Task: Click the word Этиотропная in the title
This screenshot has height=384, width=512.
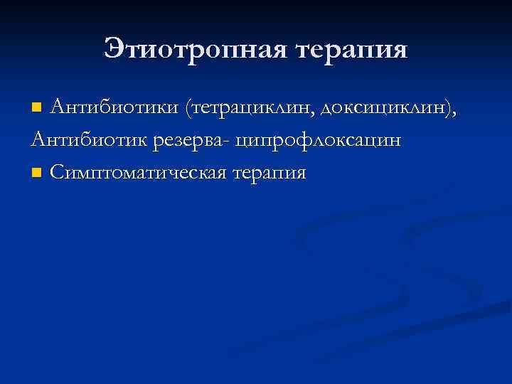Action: (193, 49)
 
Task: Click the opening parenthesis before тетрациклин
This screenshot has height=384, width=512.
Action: (187, 108)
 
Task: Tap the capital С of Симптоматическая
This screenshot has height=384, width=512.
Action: (57, 173)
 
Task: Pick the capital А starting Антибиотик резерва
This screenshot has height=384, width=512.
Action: (38, 139)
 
